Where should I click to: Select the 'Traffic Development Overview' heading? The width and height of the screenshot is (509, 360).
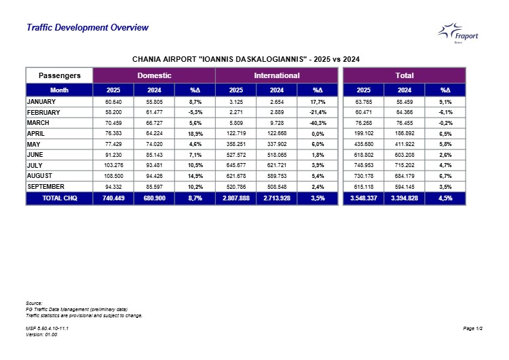point(87,28)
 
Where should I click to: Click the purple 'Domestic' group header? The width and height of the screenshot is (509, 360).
point(154,75)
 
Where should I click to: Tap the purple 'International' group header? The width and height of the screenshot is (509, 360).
point(276,75)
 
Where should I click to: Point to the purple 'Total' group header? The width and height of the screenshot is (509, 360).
point(404,75)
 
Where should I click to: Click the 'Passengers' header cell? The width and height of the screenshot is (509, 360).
point(60,75)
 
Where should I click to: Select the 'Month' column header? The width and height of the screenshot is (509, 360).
point(60,90)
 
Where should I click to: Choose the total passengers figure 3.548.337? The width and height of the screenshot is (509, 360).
point(363,198)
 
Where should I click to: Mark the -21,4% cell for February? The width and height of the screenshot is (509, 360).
point(318,112)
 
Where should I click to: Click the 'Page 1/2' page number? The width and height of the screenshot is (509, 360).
point(472,329)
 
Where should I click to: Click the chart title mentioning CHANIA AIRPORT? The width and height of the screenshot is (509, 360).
point(245,59)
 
